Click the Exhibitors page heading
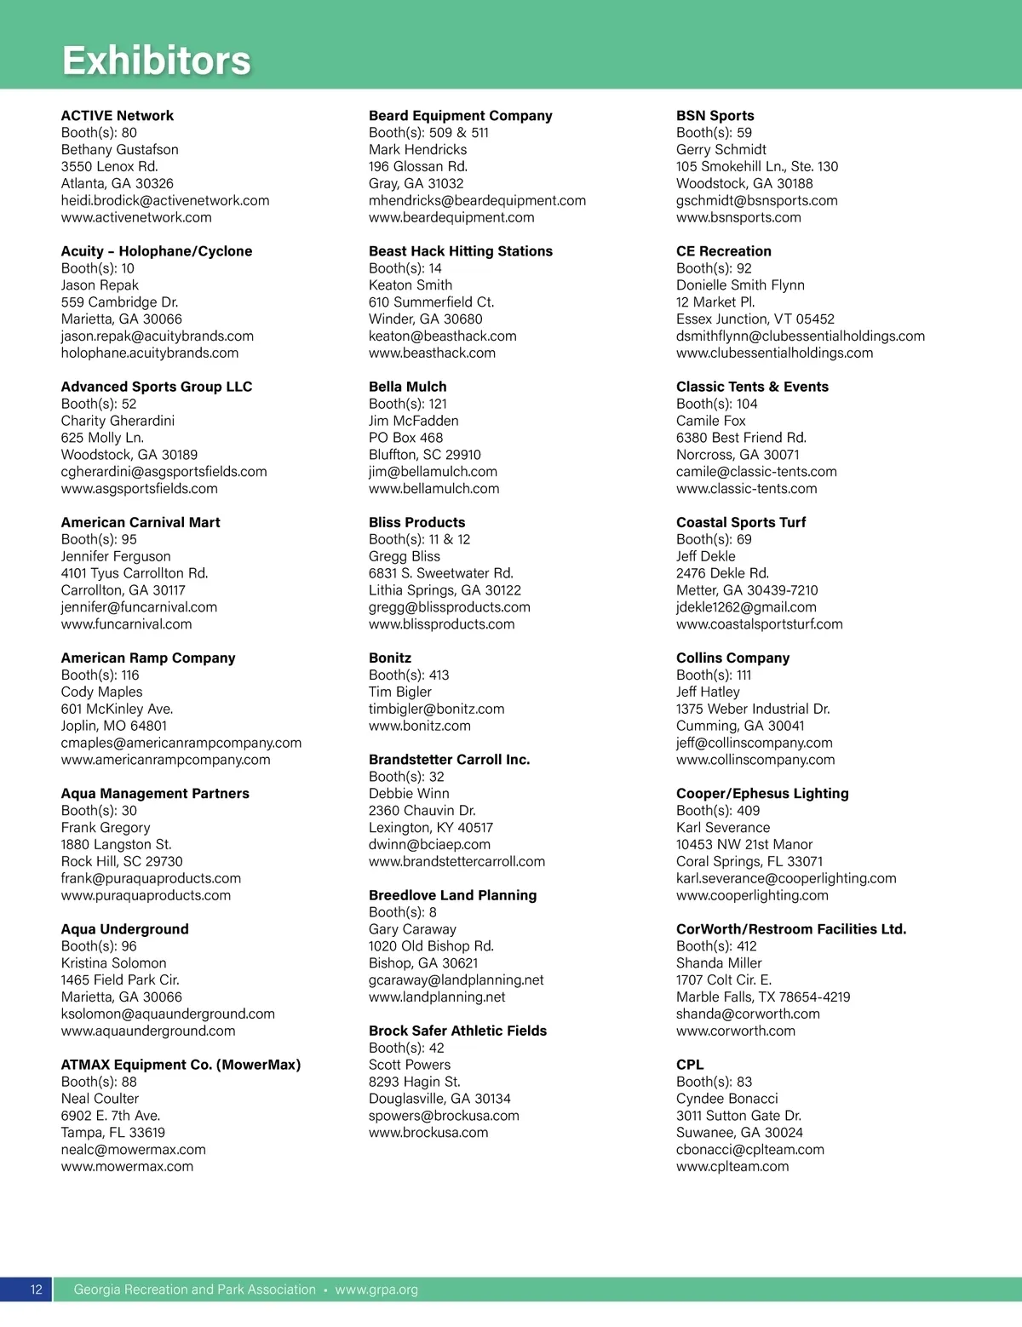pos(157,60)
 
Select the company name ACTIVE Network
pos(117,116)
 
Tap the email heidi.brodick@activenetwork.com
pos(164,201)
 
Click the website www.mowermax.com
pos(127,1167)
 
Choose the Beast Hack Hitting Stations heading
pos(460,251)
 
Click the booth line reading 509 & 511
pos(428,133)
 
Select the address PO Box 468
pos(405,438)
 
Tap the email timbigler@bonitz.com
pos(436,709)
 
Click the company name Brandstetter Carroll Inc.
pos(449,760)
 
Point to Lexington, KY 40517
pos(430,828)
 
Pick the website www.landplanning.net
pos(437,997)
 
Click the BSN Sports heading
pos(715,116)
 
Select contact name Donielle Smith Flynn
pos(740,285)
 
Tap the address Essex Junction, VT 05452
pos(755,319)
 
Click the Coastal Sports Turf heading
pos(740,523)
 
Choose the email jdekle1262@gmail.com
pos(746,607)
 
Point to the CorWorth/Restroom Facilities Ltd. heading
pos(790,929)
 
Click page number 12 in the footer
pos(36,1290)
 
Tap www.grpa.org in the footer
pos(376,1290)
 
